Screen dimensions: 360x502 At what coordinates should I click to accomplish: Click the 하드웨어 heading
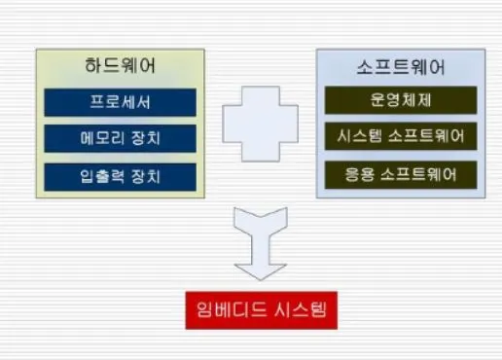[x=121, y=67]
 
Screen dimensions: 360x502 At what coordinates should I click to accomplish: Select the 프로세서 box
[x=121, y=102]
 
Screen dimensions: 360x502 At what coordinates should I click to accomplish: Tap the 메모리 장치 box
[x=121, y=139]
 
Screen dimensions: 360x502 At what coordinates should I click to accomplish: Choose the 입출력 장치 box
[x=121, y=176]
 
